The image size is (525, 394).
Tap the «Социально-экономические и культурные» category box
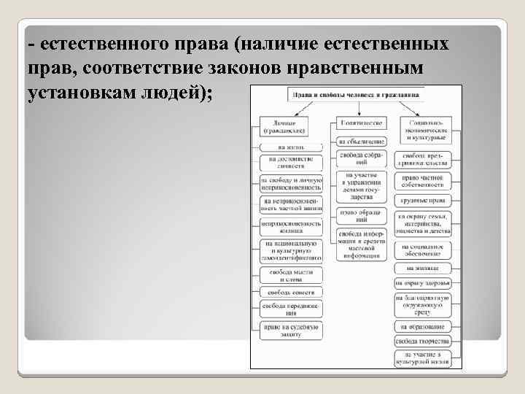coord(426,131)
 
